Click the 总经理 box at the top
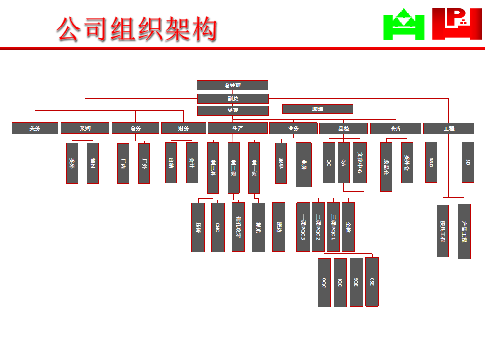coord(232,85)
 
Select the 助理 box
coord(317,109)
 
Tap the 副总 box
coord(232,99)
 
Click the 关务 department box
coord(35,128)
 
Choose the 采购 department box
coord(85,128)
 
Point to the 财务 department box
coord(183,128)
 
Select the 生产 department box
coord(237,128)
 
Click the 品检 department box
coord(343,129)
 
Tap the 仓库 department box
coord(396,129)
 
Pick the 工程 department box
coord(448,129)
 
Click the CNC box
coord(217,227)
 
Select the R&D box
coord(431,162)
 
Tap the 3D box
coord(468,162)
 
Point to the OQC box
coord(324,282)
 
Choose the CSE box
coord(372,282)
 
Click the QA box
coord(343,162)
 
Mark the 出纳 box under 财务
coord(171,162)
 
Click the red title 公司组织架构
coord(136,29)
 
